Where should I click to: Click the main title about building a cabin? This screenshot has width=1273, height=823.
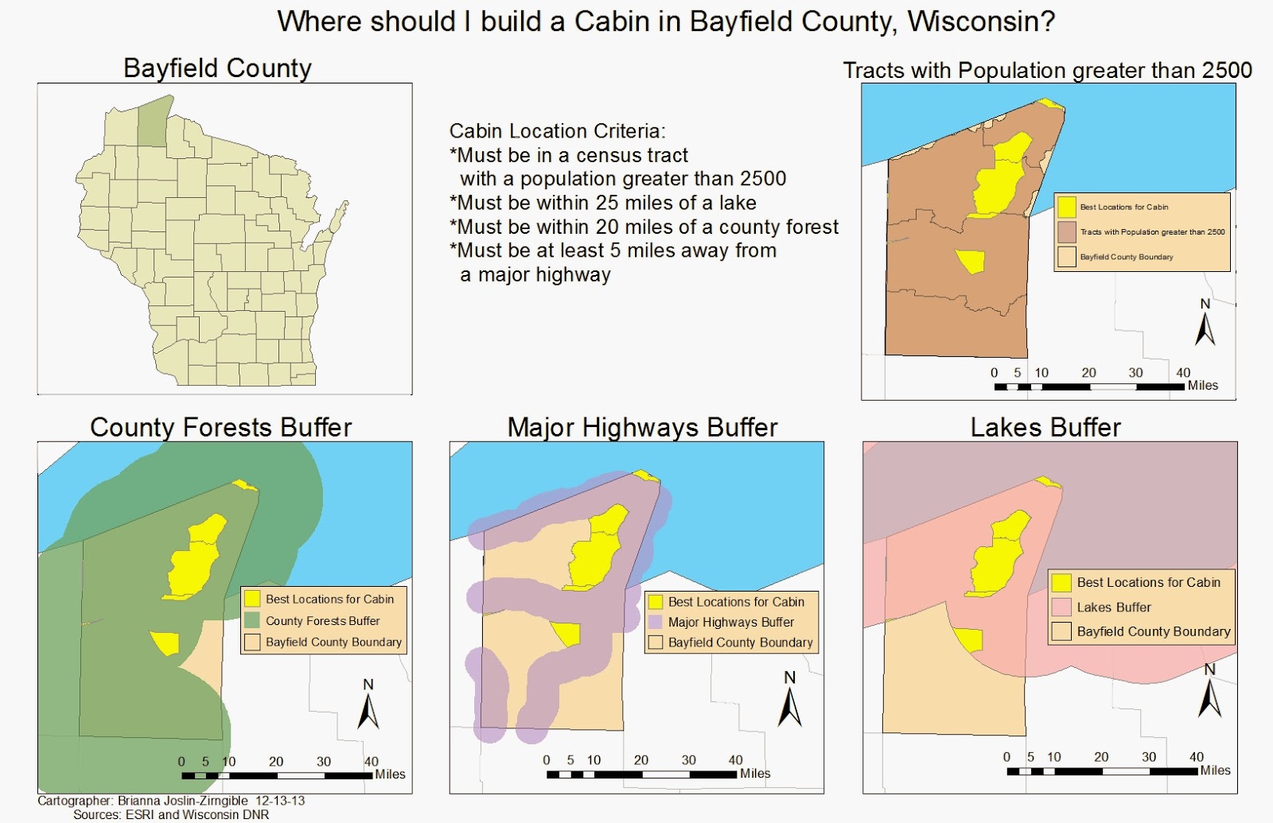(x=666, y=21)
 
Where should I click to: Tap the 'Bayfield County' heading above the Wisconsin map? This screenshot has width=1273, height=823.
(x=217, y=68)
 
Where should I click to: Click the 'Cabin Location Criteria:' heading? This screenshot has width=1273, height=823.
(x=557, y=131)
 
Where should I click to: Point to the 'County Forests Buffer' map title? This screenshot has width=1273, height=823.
(x=220, y=428)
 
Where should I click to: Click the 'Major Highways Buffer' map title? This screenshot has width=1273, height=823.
(x=642, y=428)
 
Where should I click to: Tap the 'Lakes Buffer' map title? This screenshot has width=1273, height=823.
(x=1045, y=428)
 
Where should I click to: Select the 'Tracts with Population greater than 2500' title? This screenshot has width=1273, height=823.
(x=1047, y=71)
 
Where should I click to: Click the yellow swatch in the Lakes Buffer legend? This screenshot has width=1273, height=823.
(x=1061, y=583)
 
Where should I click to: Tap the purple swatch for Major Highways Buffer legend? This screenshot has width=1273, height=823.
(x=656, y=622)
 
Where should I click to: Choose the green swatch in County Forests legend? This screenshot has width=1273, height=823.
(x=252, y=620)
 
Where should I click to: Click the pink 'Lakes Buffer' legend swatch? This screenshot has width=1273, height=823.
(x=1061, y=608)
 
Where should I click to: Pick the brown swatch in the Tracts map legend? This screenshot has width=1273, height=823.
(x=1066, y=231)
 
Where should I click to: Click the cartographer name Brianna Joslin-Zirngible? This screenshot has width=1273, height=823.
(x=182, y=801)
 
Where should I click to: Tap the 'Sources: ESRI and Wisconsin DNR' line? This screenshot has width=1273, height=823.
(x=171, y=815)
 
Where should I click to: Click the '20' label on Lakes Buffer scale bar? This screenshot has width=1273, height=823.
(x=1101, y=757)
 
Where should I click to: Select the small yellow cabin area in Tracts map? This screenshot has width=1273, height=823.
(x=971, y=261)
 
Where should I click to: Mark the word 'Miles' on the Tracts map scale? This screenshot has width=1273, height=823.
(x=1203, y=386)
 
